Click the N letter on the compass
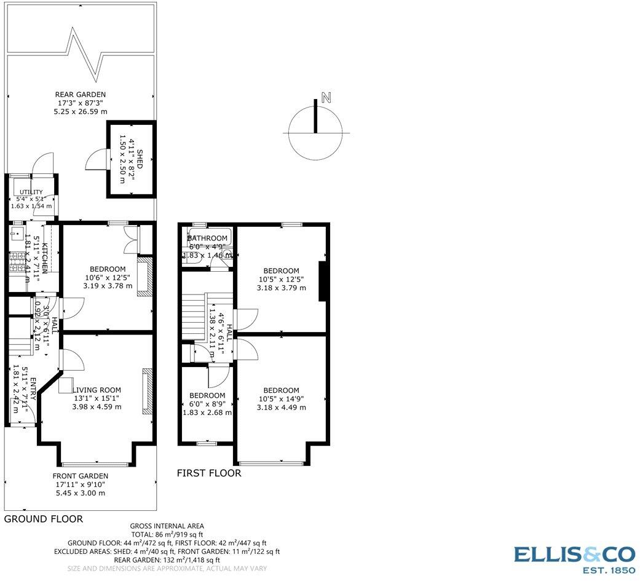point(326,97)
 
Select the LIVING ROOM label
point(97,390)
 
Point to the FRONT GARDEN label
point(80,476)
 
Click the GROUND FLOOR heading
point(44,519)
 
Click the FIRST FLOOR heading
point(209,473)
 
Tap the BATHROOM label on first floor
point(208,238)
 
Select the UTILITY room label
point(31,192)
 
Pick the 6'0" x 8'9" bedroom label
point(207,404)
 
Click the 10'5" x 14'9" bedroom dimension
point(281,398)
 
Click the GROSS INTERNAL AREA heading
point(167,526)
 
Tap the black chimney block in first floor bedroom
point(322,282)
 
